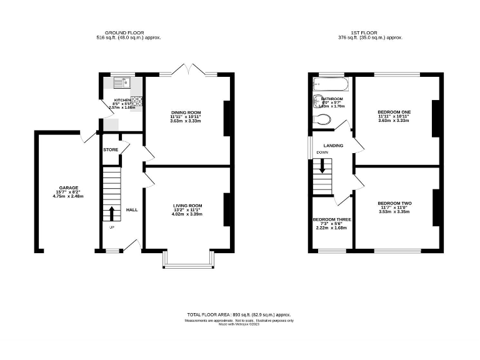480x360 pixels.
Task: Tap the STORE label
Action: (x=111, y=150)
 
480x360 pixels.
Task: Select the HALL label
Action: (x=132, y=209)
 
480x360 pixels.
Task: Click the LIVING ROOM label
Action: (x=187, y=206)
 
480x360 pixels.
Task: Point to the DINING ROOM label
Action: (x=186, y=112)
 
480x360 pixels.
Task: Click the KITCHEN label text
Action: (x=121, y=99)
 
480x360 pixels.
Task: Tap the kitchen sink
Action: (x=121, y=81)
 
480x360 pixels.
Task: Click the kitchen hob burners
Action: (x=137, y=100)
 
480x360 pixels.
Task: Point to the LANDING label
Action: (x=333, y=146)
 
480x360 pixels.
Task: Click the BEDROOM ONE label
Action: (x=394, y=112)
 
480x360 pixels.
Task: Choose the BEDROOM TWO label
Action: (x=394, y=204)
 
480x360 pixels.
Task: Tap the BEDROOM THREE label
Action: (x=332, y=220)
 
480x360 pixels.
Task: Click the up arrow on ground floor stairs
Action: (x=112, y=214)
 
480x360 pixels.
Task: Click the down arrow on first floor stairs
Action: (x=323, y=166)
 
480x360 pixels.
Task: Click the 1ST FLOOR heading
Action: (x=370, y=33)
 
